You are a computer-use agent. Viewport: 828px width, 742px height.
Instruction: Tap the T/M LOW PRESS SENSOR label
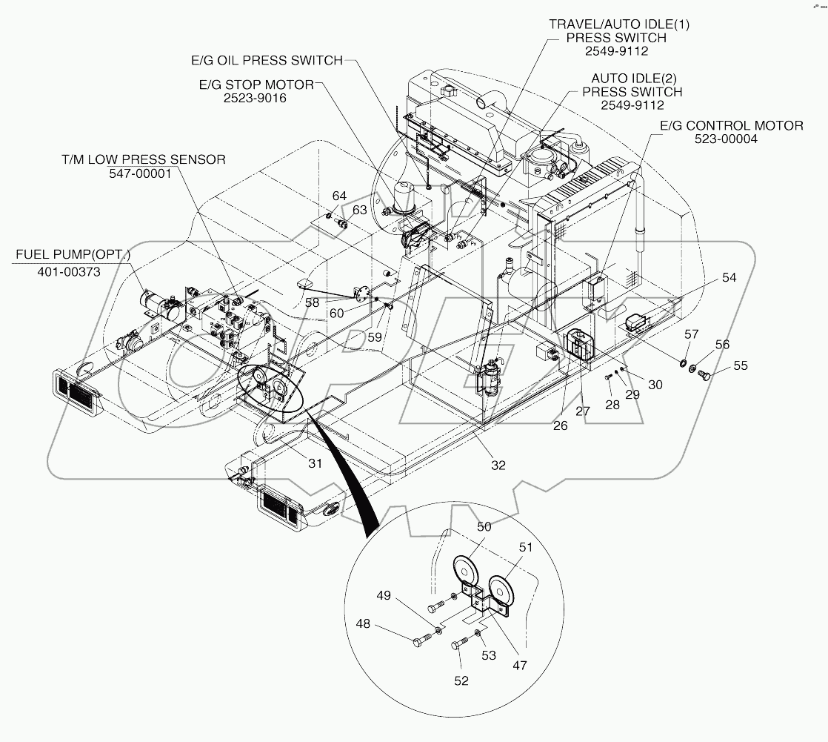[x=144, y=159]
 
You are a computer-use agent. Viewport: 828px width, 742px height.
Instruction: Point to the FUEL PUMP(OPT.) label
[x=73, y=255]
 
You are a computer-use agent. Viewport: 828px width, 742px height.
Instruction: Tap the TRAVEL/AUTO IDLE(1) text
[x=618, y=24]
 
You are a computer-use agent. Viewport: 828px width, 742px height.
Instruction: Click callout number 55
[x=741, y=365]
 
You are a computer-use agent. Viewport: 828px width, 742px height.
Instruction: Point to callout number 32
[x=498, y=466]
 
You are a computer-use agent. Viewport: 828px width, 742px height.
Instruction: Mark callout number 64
[x=338, y=196]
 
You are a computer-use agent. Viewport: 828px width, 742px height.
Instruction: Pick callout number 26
[x=561, y=425]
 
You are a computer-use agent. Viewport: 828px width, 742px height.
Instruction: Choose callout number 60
[x=336, y=314]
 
